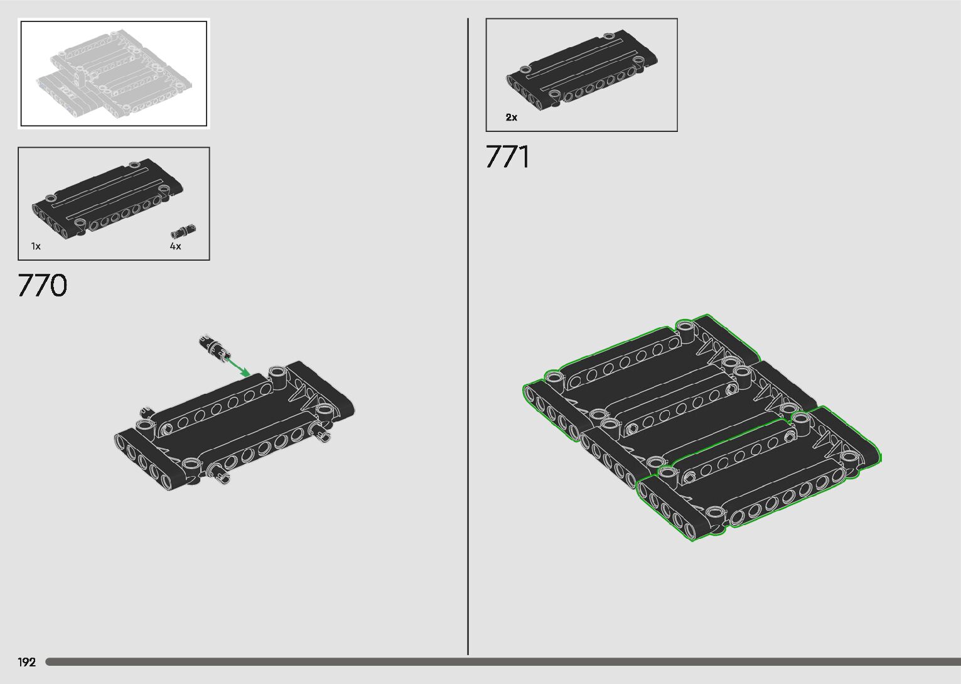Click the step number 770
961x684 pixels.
click(x=42, y=286)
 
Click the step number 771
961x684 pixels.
click(x=507, y=157)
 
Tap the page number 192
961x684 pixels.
click(x=27, y=662)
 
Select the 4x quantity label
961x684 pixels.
click(x=175, y=247)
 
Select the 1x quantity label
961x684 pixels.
click(x=36, y=247)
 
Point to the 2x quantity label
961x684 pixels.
click(x=512, y=117)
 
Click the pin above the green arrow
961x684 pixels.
click(x=212, y=347)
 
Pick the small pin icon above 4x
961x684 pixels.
click(x=185, y=231)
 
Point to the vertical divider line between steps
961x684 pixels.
click(x=468, y=339)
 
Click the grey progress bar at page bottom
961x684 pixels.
click(x=502, y=662)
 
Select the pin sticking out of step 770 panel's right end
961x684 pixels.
click(x=325, y=434)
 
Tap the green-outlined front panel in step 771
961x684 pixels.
click(x=760, y=477)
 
